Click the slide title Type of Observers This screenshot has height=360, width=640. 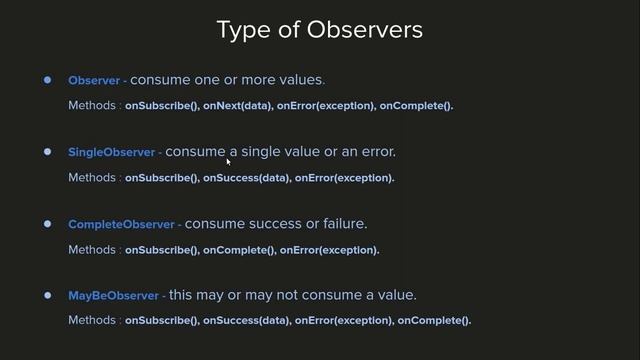[319, 30]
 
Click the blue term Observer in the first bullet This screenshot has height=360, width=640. [94, 80]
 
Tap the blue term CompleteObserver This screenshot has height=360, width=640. [121, 225]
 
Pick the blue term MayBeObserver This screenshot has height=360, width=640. [113, 297]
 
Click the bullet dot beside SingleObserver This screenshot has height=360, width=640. [47, 152]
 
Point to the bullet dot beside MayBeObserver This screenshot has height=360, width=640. [47, 296]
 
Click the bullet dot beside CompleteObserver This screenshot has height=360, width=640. [47, 224]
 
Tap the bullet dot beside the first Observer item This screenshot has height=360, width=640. [47, 80]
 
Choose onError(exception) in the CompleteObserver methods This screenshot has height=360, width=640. [329, 250]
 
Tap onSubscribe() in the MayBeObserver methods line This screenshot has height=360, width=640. [161, 321]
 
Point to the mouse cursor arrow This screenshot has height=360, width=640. [229, 160]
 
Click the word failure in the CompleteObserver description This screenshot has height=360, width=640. [345, 224]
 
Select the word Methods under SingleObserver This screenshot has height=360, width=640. [92, 178]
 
